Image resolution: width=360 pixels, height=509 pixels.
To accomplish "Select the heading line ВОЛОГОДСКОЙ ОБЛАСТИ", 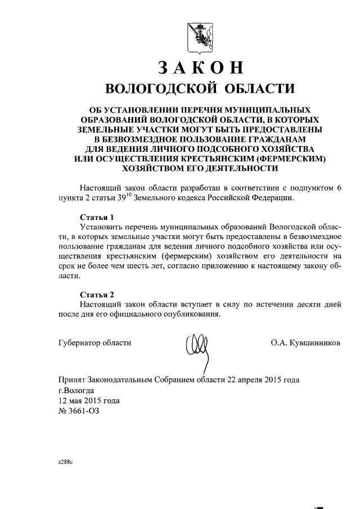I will [x=201, y=89].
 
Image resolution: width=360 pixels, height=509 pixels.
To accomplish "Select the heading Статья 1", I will [x=97, y=217].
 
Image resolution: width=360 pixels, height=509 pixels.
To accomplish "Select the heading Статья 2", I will [x=97, y=294].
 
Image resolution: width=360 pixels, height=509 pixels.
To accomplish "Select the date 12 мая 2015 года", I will [x=89, y=400].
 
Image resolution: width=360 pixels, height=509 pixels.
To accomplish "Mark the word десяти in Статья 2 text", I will [x=294, y=304].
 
